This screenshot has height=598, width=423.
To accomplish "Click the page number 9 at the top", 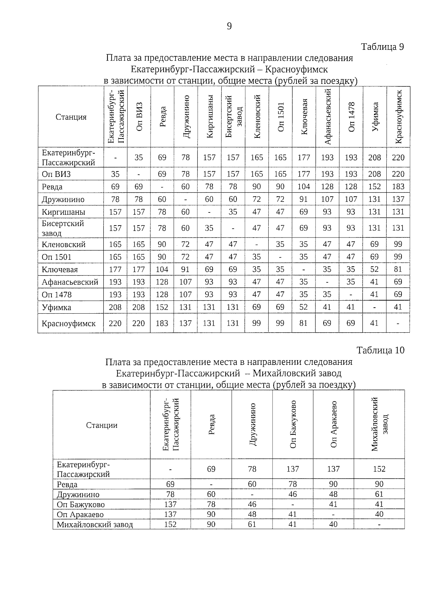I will click(229, 26).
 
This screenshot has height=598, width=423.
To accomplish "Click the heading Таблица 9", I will click(382, 47).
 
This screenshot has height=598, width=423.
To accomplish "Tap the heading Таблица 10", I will click(380, 350).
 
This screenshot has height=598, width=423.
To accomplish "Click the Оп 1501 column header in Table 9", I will click(281, 117).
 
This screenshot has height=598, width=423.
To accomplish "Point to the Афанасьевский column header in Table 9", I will click(327, 117).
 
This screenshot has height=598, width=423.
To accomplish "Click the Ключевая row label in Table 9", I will click(60, 270).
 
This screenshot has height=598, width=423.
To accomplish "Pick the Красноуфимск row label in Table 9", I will click(68, 323).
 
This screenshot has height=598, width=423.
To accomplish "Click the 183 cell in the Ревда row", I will click(398, 187).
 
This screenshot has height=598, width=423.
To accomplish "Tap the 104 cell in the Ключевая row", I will click(162, 270).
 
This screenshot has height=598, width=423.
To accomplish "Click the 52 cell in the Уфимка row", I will click(304, 307).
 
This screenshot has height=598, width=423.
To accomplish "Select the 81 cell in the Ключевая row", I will click(398, 270).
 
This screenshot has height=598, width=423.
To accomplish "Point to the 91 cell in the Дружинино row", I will click(304, 199).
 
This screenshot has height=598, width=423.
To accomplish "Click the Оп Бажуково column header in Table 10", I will click(293, 424).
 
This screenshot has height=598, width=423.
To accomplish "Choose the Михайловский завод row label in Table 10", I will click(95, 525).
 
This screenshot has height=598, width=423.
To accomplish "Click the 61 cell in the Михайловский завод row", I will click(252, 524).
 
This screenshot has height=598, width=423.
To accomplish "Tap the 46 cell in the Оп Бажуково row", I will click(252, 504).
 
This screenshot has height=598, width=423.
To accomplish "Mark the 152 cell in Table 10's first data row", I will click(379, 469).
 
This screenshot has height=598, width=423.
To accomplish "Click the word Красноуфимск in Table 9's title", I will click(296, 69).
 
